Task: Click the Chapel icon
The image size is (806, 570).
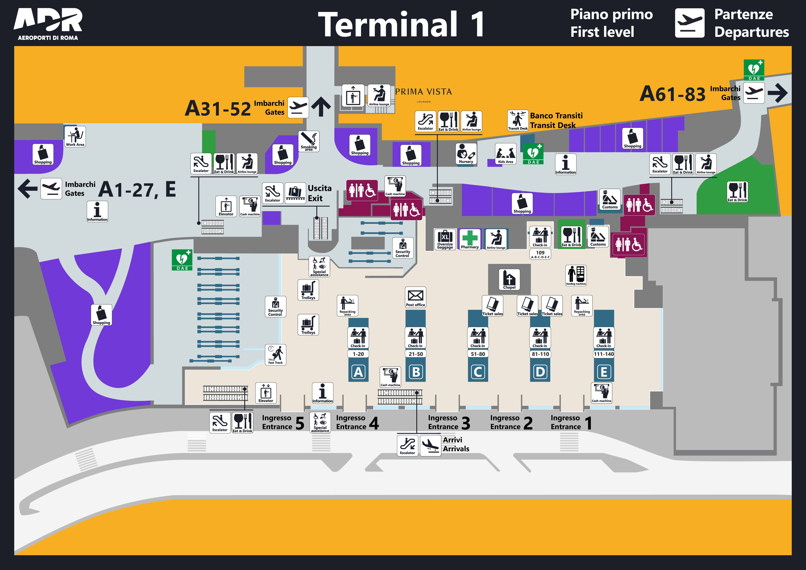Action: click(x=509, y=279)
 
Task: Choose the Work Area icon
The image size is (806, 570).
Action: click(x=75, y=136)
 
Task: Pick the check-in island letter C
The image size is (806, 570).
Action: click(x=478, y=372)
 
